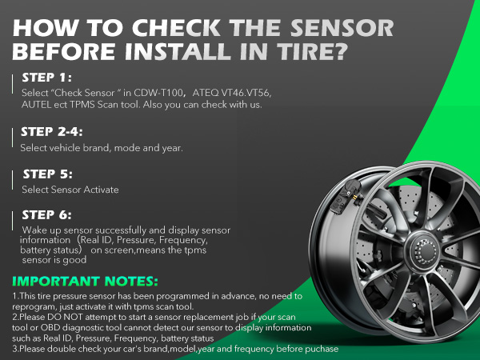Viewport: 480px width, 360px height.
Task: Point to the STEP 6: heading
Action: click(48, 214)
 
